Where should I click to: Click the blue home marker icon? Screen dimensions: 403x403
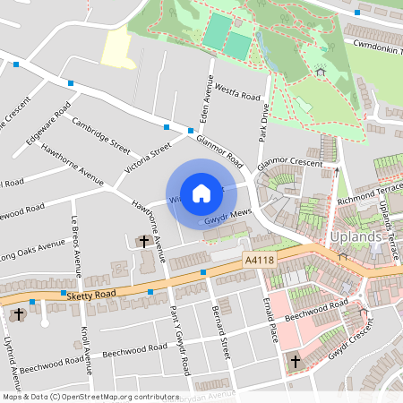[x=201, y=193]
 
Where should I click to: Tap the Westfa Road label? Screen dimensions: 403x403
[x=238, y=94]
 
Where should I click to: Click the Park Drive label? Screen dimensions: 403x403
[x=264, y=120]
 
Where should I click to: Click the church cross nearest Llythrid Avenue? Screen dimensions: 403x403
[x=19, y=314]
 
